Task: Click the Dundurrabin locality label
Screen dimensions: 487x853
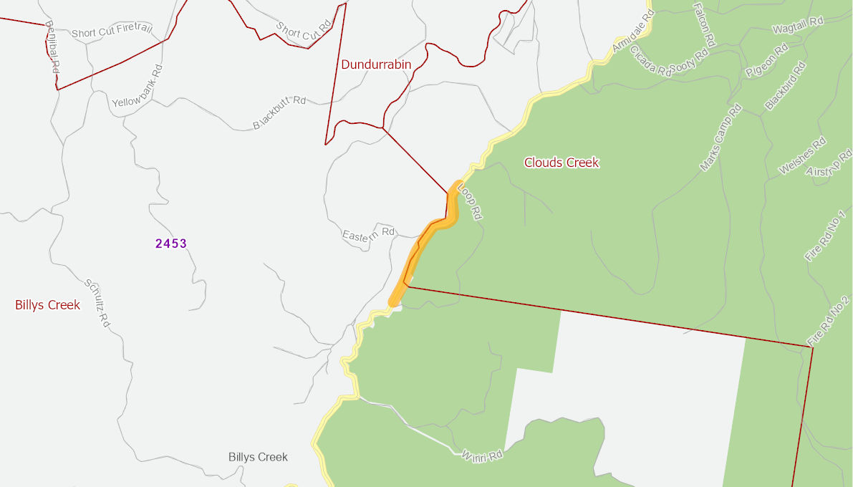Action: coord(376,64)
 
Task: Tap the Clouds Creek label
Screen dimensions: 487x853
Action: coord(562,163)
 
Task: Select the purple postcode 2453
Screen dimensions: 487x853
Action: coord(171,243)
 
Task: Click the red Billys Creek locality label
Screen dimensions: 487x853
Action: coord(47,305)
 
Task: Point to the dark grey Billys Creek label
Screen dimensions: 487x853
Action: coord(258,457)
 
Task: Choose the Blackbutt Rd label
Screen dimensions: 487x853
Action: coord(279,113)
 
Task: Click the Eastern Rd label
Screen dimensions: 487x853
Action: coord(369,234)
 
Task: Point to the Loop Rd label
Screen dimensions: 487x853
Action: coord(470,202)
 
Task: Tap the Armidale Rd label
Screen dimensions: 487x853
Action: coord(634,33)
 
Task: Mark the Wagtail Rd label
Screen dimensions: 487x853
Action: coord(798,26)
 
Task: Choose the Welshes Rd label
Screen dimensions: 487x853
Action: coord(803,156)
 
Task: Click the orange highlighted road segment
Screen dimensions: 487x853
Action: coord(422,243)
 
